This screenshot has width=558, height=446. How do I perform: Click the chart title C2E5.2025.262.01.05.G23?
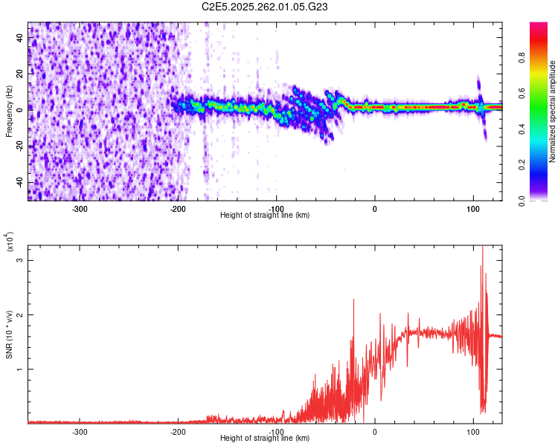(265, 7)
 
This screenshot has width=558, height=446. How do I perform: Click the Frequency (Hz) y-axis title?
(9, 111)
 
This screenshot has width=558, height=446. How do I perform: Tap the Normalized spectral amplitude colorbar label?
(553, 111)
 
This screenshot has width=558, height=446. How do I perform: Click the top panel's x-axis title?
(265, 215)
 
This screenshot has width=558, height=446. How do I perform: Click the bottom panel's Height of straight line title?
(265, 438)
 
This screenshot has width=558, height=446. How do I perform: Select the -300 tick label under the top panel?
(80, 209)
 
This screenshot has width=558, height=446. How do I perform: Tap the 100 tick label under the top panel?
(472, 209)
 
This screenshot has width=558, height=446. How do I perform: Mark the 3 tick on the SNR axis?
(20, 261)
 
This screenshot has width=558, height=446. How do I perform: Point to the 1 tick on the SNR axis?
(20, 369)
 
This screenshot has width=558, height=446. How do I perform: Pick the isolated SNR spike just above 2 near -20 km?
(353, 300)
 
